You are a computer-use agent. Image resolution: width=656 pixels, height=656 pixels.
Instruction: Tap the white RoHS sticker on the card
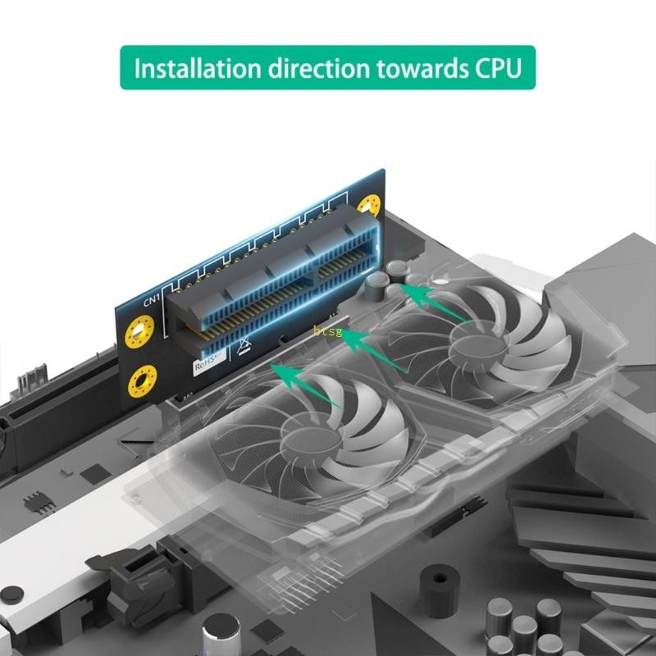(x=208, y=364)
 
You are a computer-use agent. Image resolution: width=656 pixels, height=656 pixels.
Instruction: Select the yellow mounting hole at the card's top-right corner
(x=371, y=205)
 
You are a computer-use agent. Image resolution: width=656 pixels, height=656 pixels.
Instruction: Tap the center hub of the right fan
(x=476, y=342)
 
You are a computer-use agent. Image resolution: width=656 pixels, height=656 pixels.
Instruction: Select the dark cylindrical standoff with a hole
(x=440, y=589)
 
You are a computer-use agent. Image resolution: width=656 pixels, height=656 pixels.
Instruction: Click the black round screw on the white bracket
(x=12, y=594)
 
